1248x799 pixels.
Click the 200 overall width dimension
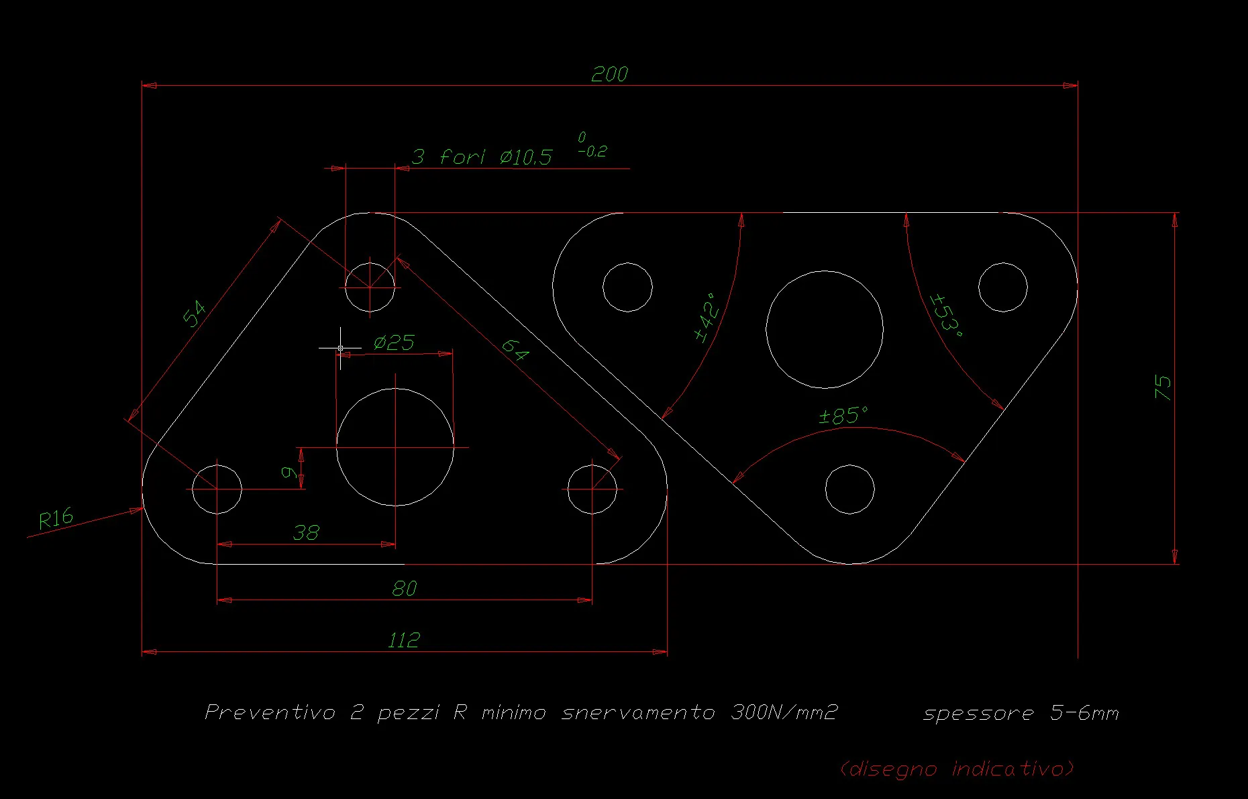(609, 74)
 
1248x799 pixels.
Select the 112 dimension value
(404, 640)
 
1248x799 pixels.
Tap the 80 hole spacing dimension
(405, 589)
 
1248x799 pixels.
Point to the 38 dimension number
(306, 533)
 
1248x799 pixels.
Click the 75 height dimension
(1163, 388)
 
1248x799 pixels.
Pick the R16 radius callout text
(56, 519)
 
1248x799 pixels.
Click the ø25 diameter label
(394, 343)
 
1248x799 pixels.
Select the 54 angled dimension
(195, 314)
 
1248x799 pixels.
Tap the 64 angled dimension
(515, 349)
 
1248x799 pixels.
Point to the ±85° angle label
(843, 416)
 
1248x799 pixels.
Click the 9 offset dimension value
(289, 473)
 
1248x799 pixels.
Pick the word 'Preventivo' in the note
(270, 712)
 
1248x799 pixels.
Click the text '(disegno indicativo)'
(957, 769)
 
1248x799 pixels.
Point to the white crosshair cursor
(340, 348)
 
